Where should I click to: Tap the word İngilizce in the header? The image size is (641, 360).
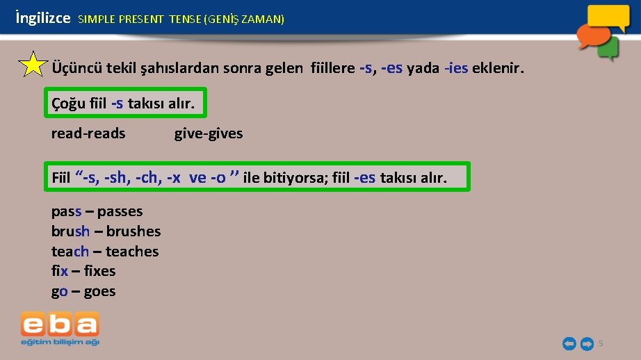point(42,19)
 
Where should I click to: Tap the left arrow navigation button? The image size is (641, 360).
point(569,343)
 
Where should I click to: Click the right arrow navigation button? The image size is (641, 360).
point(587,343)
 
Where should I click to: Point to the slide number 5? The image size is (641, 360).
point(601,343)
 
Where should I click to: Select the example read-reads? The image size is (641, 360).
point(88,133)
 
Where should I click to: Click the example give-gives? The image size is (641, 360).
point(209,133)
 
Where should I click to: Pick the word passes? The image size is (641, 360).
point(120,211)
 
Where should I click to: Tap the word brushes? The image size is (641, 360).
point(133,231)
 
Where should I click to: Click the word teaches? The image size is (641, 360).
point(132,252)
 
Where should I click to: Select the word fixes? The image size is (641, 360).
point(99,271)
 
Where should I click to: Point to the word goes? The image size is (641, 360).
point(99,291)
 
